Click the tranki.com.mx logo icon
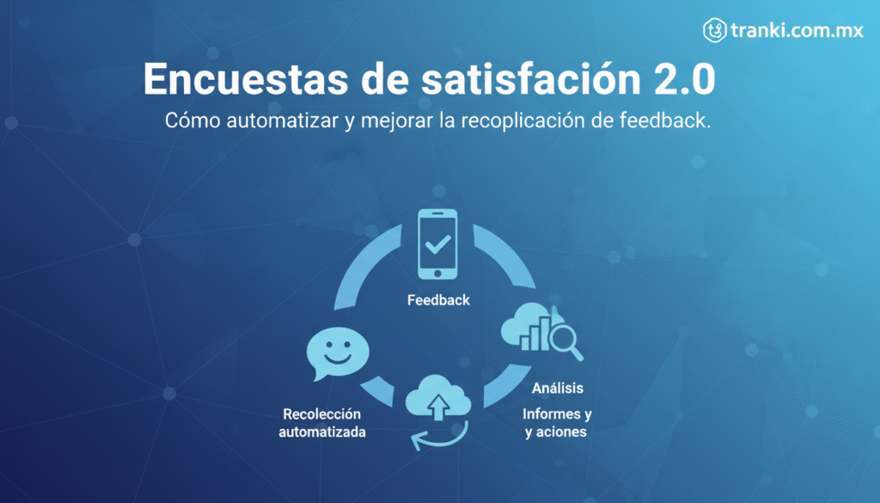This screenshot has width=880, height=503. [x=714, y=30]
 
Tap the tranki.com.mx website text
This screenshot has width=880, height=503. [x=797, y=30]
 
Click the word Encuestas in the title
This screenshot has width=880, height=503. [x=246, y=79]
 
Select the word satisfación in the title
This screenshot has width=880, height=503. [x=530, y=79]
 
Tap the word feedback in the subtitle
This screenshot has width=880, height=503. [x=665, y=120]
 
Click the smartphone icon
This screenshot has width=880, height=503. [x=437, y=244]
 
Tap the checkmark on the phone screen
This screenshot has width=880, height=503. [x=437, y=244]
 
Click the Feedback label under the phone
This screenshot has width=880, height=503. [x=438, y=300]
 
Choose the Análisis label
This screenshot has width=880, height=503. [x=557, y=388]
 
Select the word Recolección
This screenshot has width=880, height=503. [x=321, y=414]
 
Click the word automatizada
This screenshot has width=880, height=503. [x=322, y=432]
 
